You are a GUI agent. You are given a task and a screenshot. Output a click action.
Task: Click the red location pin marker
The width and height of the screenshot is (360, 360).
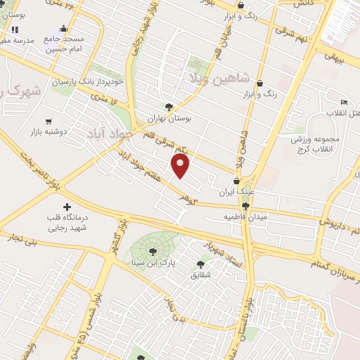181,166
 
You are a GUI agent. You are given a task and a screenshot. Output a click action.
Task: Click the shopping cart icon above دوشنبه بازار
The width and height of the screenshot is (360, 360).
49,121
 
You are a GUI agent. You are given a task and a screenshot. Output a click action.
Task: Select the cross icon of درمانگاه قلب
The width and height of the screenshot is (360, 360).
67,207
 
